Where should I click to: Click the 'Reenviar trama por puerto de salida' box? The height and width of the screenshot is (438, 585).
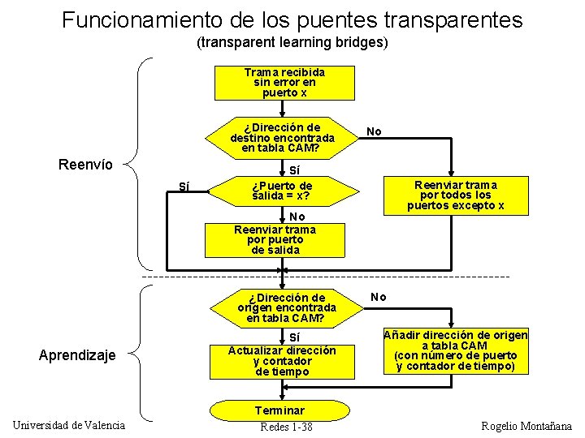275,239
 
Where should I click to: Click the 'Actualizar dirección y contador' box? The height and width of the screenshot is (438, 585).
282,355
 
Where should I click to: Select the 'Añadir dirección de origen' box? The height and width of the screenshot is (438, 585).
455,350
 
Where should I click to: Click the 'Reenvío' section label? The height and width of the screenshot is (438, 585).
85,165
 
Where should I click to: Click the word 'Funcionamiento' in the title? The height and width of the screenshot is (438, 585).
131,19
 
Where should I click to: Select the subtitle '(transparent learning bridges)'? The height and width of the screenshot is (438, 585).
292,41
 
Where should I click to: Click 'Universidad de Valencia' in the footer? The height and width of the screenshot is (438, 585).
69,425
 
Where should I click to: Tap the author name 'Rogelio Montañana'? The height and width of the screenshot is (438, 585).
526,426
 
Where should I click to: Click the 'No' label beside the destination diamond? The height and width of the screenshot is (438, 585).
374,131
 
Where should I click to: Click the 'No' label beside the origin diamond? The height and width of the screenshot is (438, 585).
379,297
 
